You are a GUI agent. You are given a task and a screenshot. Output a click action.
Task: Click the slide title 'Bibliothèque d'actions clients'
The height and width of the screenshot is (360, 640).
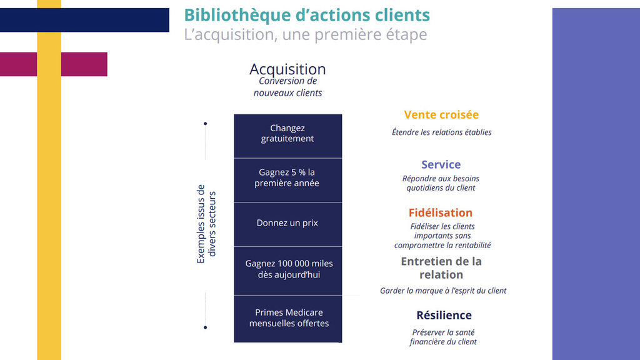click(x=307, y=15)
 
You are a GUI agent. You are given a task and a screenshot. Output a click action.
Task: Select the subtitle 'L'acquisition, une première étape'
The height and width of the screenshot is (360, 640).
click(x=305, y=34)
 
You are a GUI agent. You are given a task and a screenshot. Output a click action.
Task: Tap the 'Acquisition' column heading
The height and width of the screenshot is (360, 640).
click(x=287, y=69)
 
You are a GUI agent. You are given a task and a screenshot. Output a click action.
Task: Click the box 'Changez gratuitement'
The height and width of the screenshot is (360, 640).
click(x=287, y=134)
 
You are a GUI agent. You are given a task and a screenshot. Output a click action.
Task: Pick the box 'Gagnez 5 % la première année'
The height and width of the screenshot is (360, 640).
click(x=287, y=178)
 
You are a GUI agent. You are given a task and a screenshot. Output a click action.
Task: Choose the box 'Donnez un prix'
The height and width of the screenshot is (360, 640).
click(x=287, y=223)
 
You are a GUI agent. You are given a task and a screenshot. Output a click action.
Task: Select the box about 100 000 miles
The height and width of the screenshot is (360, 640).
click(x=287, y=269)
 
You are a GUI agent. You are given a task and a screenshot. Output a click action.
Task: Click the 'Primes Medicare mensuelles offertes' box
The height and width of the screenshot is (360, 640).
click(x=287, y=318)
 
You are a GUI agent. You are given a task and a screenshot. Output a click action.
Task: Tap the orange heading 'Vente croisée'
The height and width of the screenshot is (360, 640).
click(x=441, y=115)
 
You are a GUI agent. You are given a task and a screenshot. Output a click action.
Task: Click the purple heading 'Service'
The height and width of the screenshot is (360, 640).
click(x=441, y=165)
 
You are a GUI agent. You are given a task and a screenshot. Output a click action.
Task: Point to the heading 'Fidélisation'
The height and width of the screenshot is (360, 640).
click(x=441, y=213)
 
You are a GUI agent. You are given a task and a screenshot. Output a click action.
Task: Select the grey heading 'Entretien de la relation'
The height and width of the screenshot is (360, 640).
click(x=441, y=268)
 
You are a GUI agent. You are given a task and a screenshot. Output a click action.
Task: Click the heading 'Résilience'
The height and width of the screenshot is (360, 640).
click(x=444, y=316)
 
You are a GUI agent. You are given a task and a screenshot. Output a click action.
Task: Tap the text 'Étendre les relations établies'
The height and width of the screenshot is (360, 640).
click(x=442, y=132)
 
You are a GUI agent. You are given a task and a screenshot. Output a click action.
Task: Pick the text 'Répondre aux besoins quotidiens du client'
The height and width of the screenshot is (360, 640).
click(x=440, y=183)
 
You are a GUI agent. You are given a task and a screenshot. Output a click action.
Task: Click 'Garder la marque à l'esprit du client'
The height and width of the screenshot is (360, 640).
click(x=443, y=291)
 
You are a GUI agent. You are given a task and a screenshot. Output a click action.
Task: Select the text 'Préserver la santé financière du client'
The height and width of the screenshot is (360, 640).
click(x=443, y=337)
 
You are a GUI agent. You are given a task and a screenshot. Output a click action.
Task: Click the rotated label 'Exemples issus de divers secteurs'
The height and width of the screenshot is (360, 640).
click(x=206, y=223)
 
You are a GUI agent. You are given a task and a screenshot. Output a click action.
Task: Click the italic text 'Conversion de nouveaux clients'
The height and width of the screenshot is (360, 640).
click(x=287, y=87)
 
